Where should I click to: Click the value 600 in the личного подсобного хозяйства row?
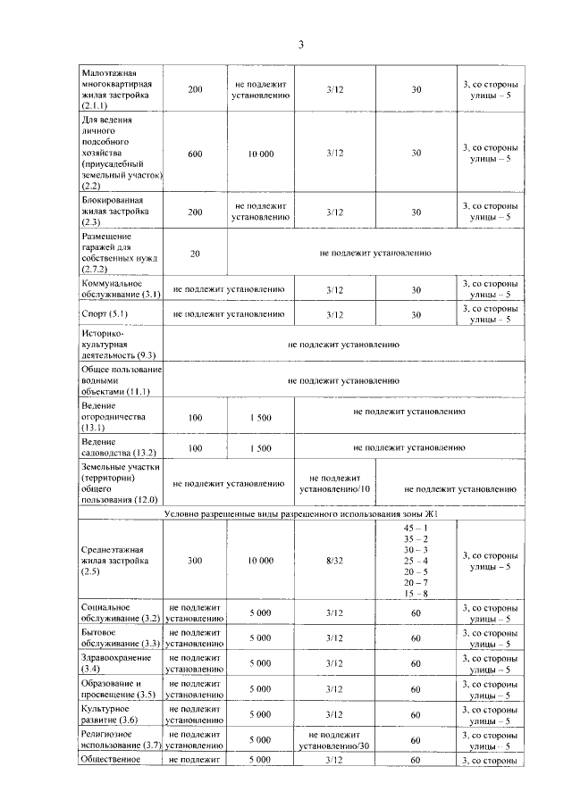(196, 154)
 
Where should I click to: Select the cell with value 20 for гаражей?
(196, 254)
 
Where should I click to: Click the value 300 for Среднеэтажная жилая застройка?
(196, 560)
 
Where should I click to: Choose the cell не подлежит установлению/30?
(335, 739)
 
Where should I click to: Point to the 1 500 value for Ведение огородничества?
(261, 417)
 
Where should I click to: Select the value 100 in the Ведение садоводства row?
(196, 446)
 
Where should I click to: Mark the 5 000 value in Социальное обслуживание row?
(261, 612)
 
